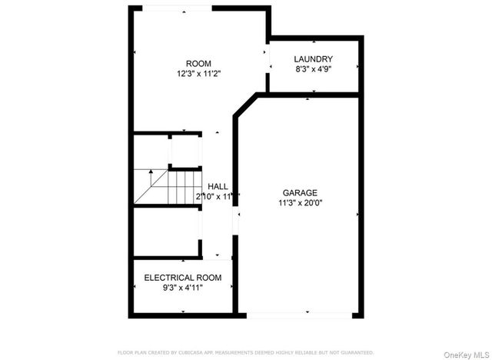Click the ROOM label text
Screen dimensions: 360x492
[198, 63]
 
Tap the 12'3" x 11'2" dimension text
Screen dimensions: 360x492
[198, 74]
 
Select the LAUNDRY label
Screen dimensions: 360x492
[313, 58]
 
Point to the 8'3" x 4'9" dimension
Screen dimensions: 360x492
[313, 68]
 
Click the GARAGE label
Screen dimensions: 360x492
[300, 192]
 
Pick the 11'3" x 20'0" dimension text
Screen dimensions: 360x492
[300, 203]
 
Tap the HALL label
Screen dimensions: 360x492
[218, 186]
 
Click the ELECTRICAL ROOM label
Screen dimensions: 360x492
[183, 278]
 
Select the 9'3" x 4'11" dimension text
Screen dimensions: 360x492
[183, 288]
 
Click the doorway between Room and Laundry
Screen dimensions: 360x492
[268, 58]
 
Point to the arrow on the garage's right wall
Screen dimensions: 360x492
[357, 214]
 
